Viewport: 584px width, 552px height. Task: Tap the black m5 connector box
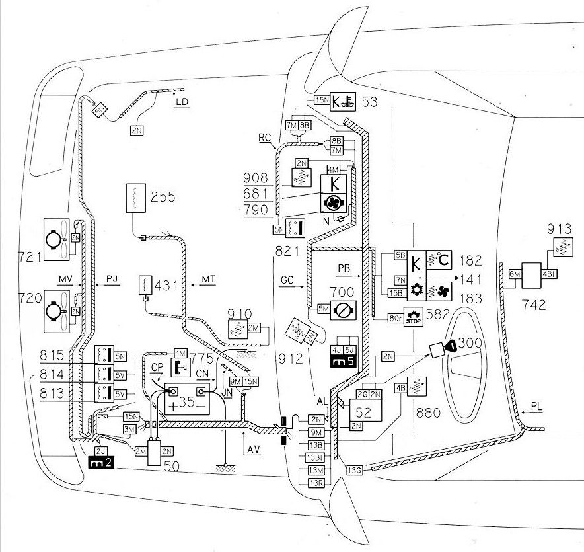343,361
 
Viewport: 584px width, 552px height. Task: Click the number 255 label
163,196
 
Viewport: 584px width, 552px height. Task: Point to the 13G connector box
355,470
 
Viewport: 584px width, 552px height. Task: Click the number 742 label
534,305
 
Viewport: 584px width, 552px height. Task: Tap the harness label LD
182,102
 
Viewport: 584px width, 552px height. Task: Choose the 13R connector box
316,482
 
